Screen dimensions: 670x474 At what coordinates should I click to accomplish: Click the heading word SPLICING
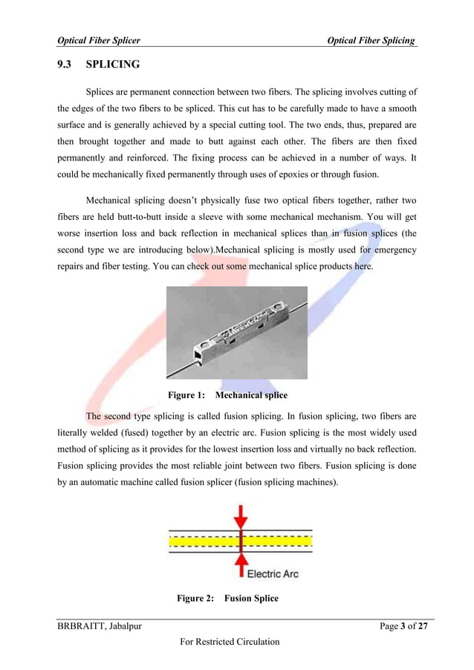click(x=113, y=65)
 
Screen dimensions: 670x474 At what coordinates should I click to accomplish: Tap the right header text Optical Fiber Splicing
click(x=371, y=39)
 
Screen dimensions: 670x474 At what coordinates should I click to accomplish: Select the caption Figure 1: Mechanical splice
click(x=227, y=394)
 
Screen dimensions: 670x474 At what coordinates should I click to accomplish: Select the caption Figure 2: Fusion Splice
click(x=227, y=598)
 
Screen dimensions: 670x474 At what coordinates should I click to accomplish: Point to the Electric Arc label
click(x=273, y=574)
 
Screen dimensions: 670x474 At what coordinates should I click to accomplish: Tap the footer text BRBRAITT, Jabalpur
click(x=100, y=627)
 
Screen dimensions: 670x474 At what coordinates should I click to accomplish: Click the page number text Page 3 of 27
click(x=404, y=627)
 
